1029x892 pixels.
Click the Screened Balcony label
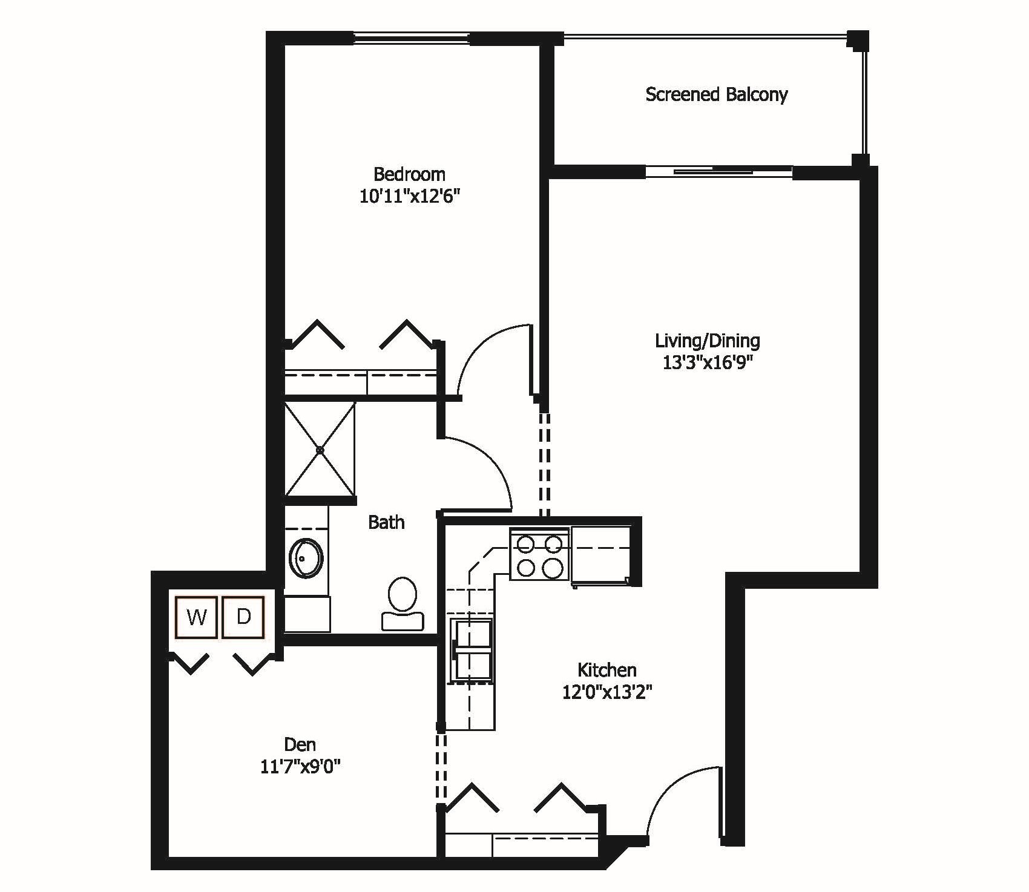(716, 95)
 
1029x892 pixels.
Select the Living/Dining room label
(707, 341)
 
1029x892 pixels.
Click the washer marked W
(197, 617)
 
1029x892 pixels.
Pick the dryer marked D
(243, 617)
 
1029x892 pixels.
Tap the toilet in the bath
(403, 603)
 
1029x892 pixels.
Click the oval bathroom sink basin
(306, 558)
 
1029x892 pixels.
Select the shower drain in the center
(320, 450)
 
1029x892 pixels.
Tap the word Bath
(386, 522)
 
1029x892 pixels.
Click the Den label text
(300, 744)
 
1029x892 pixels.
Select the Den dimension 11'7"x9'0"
(300, 767)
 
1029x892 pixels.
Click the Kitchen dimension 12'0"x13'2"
(607, 692)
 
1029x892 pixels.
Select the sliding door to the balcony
(718, 171)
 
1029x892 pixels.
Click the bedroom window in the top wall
(412, 38)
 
